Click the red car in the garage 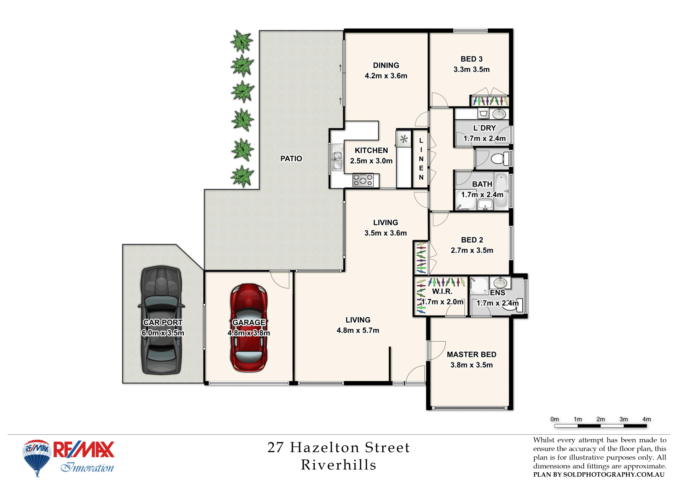coord(249,328)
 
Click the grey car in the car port coord(162,320)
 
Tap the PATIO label coord(291,158)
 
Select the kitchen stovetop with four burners coord(363,180)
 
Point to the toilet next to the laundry coord(500,158)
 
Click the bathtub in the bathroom coord(501,191)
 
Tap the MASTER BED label coord(471,354)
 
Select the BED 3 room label coord(471,59)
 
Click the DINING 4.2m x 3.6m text coord(386,70)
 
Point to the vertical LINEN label coord(421,159)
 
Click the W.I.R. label coord(442,291)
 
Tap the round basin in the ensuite coord(500,283)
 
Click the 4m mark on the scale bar coord(646,419)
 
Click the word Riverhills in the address coord(338,465)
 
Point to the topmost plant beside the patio coord(242,41)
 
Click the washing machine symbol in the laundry coord(483,114)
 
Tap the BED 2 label coord(472,240)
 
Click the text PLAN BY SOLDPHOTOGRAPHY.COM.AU coord(599,475)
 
